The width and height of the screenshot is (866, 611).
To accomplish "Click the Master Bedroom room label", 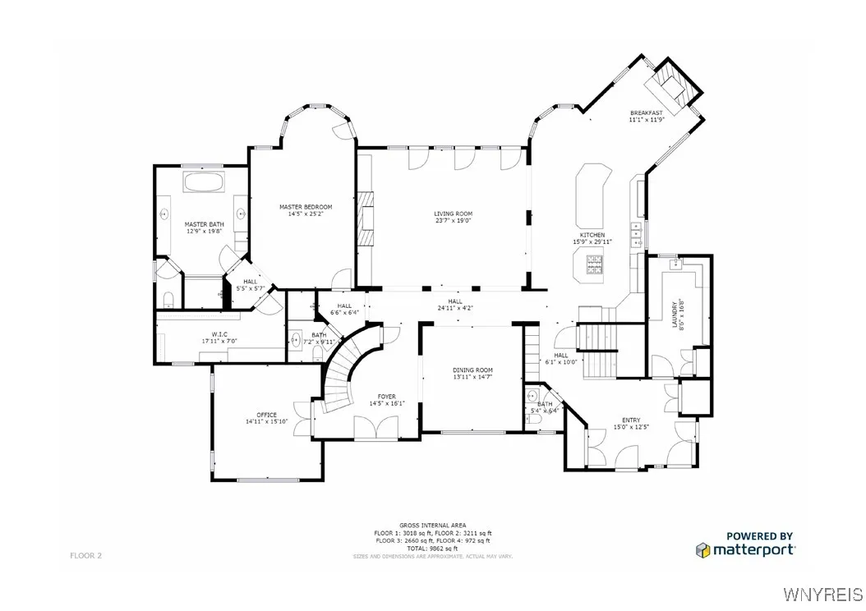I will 305,206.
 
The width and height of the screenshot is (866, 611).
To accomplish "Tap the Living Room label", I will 454,214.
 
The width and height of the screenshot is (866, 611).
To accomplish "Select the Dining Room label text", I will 472,370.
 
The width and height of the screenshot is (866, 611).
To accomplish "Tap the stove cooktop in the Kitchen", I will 593,264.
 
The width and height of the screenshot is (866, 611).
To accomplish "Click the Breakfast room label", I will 646,113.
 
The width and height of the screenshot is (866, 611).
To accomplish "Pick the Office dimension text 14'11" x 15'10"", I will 266,422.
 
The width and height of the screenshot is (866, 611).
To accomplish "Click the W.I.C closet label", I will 219,334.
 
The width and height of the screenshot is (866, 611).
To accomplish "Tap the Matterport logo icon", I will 702,549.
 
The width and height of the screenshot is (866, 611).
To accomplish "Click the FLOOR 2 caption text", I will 85,556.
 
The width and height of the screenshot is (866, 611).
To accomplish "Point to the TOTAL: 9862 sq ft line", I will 432,548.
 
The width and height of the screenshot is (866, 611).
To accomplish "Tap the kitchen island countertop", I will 593,197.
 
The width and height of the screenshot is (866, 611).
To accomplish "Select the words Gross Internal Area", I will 432,525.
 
